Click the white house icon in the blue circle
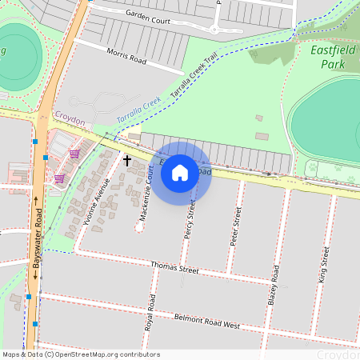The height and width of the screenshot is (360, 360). (180, 172)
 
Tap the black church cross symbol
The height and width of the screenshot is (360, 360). (126, 161)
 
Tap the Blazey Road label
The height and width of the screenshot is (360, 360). (276, 287)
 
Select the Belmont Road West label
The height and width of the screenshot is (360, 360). (207, 321)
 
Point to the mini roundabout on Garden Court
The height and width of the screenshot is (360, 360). (214, 30)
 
